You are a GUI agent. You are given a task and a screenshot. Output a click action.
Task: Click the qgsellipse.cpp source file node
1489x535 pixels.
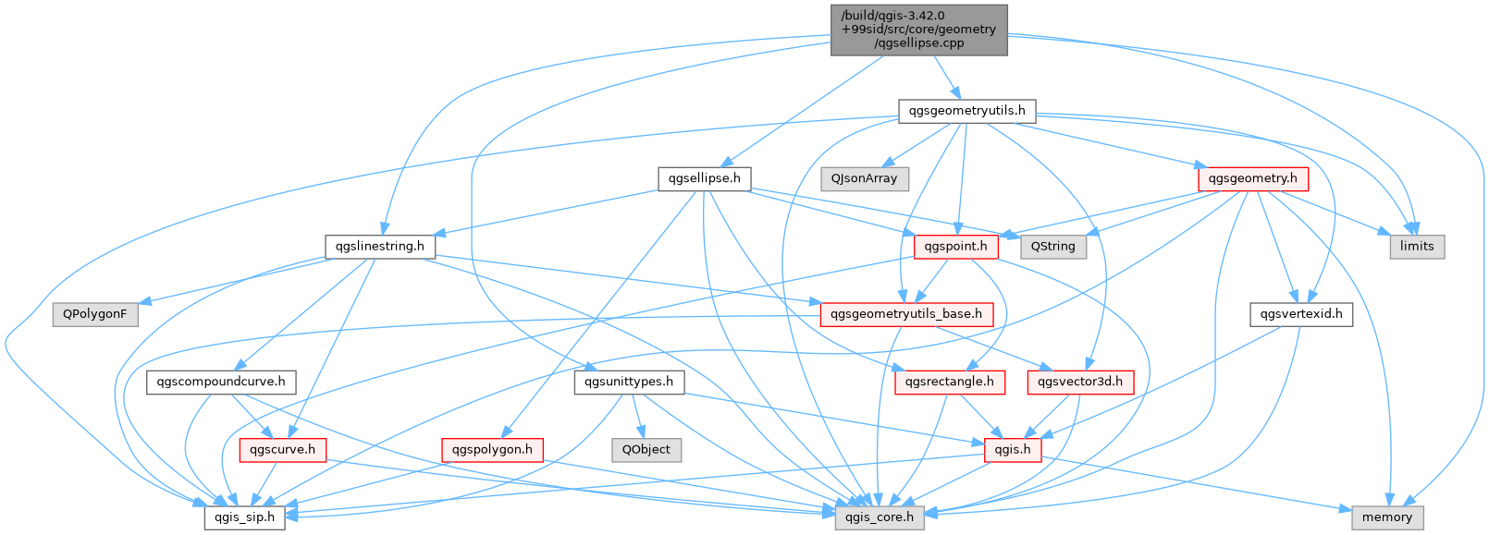point(918,30)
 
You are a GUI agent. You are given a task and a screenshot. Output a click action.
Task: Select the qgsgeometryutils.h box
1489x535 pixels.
point(966,111)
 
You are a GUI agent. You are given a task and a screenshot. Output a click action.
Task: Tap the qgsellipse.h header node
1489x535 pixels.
point(704,178)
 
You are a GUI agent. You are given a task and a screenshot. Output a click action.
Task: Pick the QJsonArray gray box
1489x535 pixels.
point(864,178)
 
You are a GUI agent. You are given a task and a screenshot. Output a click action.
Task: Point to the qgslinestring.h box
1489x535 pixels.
point(380,247)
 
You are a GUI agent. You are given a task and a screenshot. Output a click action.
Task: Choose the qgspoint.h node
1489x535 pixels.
point(956,247)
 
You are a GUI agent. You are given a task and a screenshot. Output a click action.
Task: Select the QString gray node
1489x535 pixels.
point(1052,247)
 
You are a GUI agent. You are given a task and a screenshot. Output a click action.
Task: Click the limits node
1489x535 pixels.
point(1416,246)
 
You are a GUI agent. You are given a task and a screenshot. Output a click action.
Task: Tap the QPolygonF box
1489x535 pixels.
point(95,314)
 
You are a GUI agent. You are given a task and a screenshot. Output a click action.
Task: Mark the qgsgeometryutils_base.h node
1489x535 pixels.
point(906,314)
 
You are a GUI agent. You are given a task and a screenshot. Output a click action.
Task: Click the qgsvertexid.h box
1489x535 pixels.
point(1300,314)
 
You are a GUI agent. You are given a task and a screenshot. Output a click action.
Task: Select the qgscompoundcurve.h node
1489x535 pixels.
point(221,382)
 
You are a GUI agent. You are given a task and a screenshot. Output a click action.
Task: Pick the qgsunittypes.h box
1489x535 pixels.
point(629,382)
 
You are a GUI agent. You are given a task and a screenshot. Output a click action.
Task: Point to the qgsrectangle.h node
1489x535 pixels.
point(949,382)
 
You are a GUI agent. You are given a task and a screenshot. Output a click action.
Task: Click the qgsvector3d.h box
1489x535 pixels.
point(1079,382)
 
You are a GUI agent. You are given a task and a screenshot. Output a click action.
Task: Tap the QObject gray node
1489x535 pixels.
point(646,450)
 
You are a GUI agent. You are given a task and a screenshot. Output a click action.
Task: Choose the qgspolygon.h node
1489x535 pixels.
point(491,450)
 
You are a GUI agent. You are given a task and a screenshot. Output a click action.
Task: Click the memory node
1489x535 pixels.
point(1386,517)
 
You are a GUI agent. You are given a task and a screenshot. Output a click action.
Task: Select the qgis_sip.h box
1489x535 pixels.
point(244,517)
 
